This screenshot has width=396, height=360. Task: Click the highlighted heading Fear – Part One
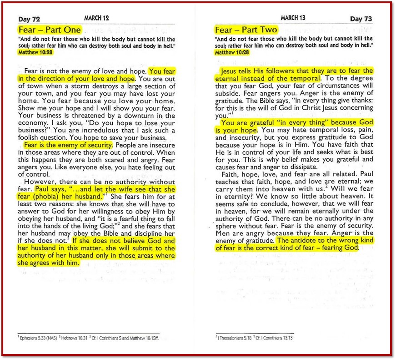pos(50,30)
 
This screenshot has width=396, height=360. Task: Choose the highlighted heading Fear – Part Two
pos(246,30)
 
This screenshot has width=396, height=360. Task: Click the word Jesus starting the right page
pos(231,71)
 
